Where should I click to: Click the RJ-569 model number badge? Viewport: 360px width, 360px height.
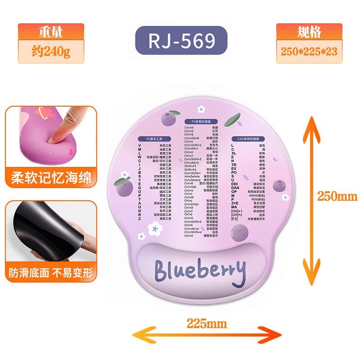coord(182,41)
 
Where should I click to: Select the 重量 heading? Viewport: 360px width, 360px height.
coord(51,32)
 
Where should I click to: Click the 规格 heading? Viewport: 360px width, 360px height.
coord(309,32)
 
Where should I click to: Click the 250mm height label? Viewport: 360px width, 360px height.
coord(337,197)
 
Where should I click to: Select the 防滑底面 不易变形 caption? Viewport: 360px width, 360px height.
coord(51,272)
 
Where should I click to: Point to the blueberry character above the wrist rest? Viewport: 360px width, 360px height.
coord(238,233)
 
